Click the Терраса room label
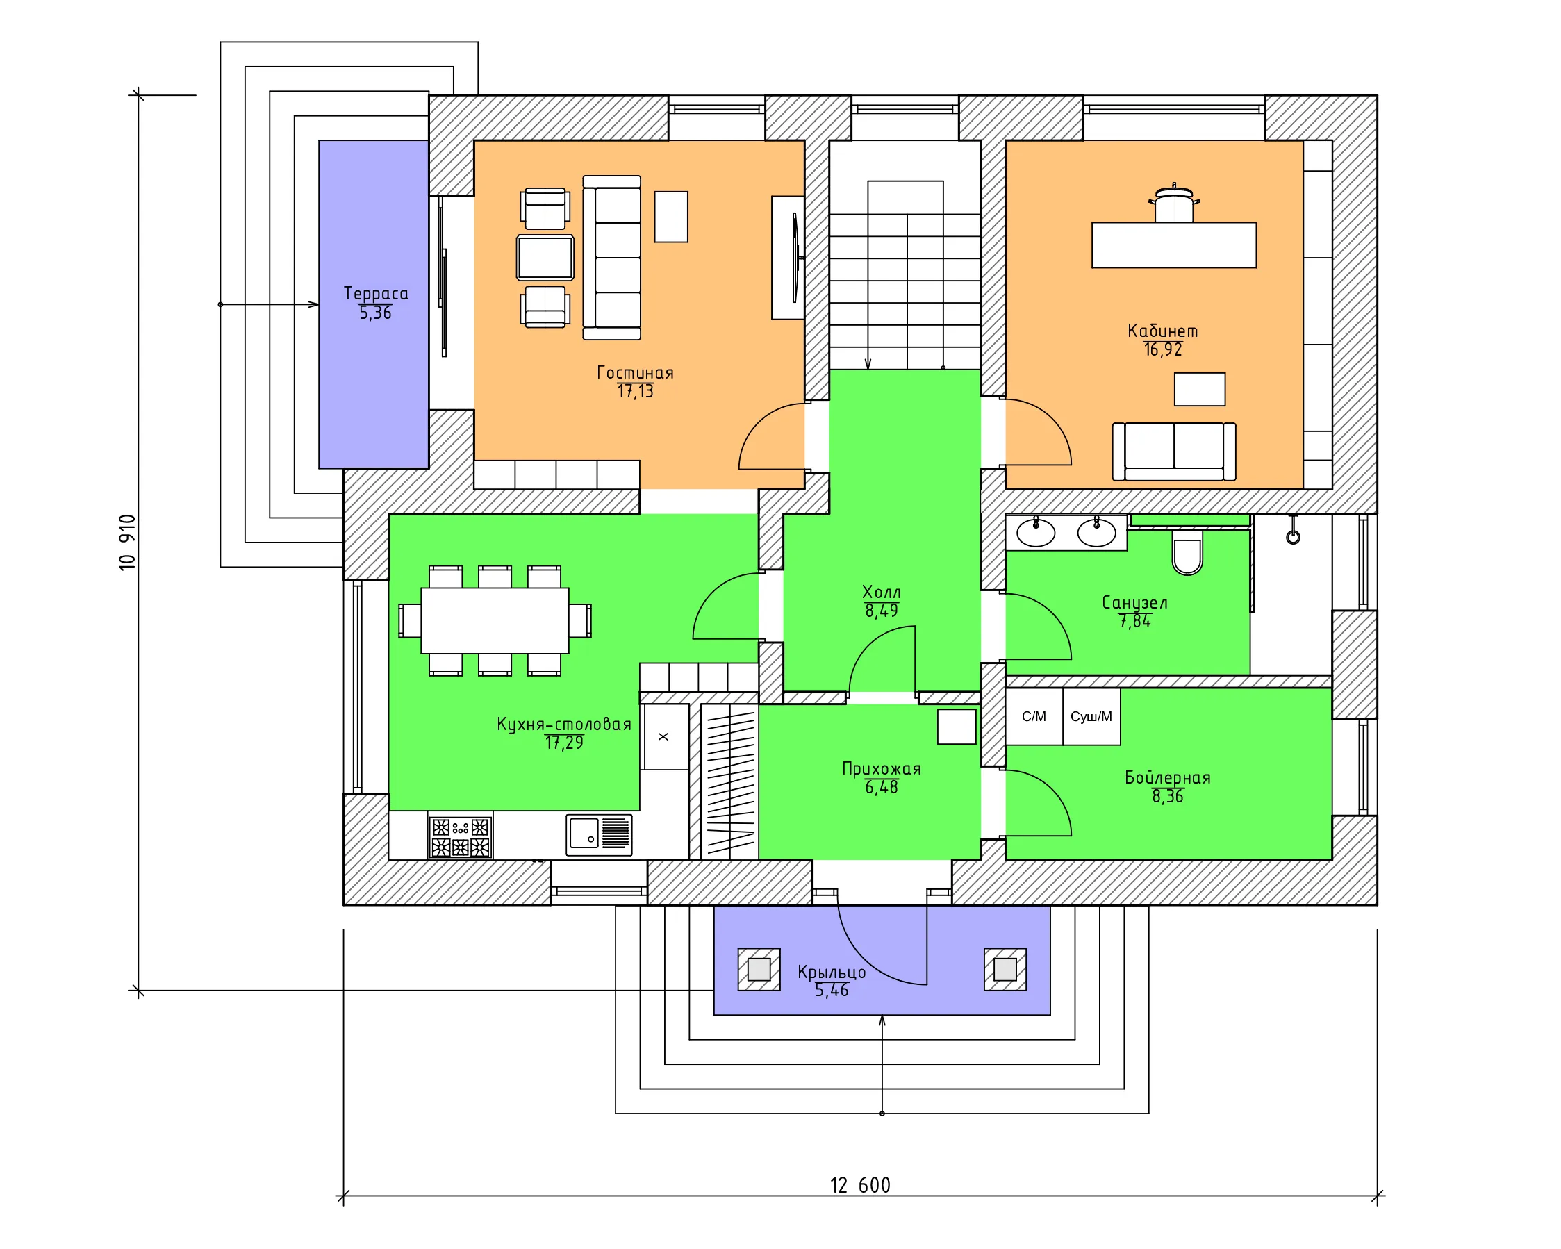tap(376, 293)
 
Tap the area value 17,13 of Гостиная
tap(635, 392)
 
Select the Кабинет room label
tap(1163, 331)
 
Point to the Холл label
tap(881, 593)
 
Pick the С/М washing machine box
tap(1034, 717)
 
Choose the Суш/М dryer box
tap(1092, 717)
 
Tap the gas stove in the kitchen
tap(461, 838)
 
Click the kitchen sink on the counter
tap(599, 835)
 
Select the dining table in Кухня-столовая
tap(495, 620)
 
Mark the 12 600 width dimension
tap(860, 1185)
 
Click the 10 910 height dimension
tap(127, 543)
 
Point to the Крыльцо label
tap(831, 972)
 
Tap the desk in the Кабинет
tap(1173, 245)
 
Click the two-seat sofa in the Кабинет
tap(1173, 452)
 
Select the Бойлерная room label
tap(1167, 777)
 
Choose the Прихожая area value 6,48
tap(881, 788)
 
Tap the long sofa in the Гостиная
tap(612, 258)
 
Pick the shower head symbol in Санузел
tap(1293, 531)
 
